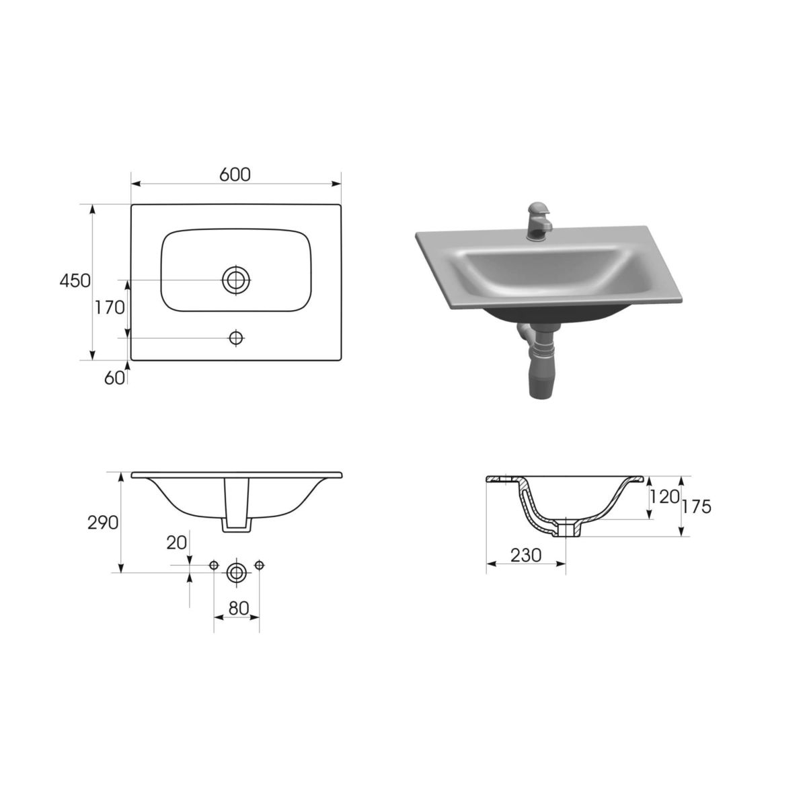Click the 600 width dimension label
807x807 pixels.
point(235,175)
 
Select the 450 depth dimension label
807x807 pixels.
point(75,280)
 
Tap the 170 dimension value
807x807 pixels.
point(110,308)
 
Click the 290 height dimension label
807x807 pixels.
point(103,523)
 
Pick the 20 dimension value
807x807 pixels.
point(177,543)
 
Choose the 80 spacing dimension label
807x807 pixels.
point(239,608)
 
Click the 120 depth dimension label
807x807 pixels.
point(664,497)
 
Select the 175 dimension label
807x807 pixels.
point(697,507)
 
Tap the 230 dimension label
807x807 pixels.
point(526,555)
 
